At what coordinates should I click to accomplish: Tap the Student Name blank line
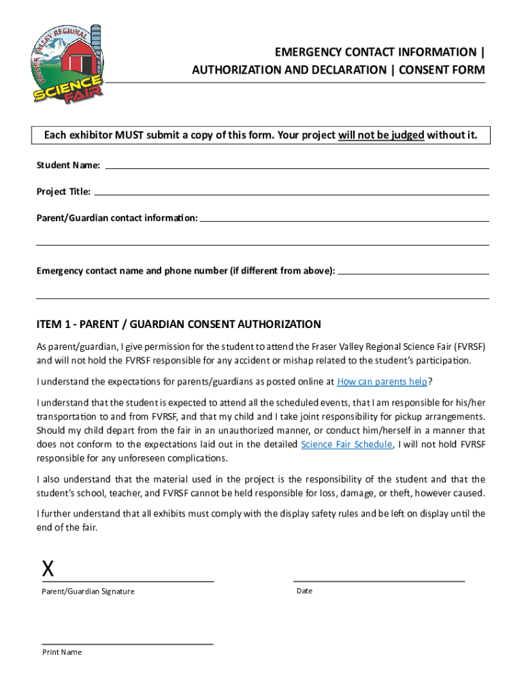pos(297,167)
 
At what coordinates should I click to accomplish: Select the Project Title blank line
pos(291,193)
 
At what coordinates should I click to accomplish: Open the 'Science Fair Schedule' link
pos(346,444)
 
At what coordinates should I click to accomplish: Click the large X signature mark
pos(48,569)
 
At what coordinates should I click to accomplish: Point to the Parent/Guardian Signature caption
pos(88,591)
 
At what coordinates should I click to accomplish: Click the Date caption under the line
pos(304,591)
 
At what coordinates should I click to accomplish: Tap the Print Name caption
pos(62,652)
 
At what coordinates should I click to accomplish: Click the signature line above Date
pos(378,581)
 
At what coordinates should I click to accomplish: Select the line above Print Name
pos(127,643)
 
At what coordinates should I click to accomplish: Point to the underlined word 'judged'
pos(404,135)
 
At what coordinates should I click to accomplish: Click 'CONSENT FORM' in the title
pos(443,70)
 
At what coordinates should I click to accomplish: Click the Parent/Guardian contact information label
pos(117,218)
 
